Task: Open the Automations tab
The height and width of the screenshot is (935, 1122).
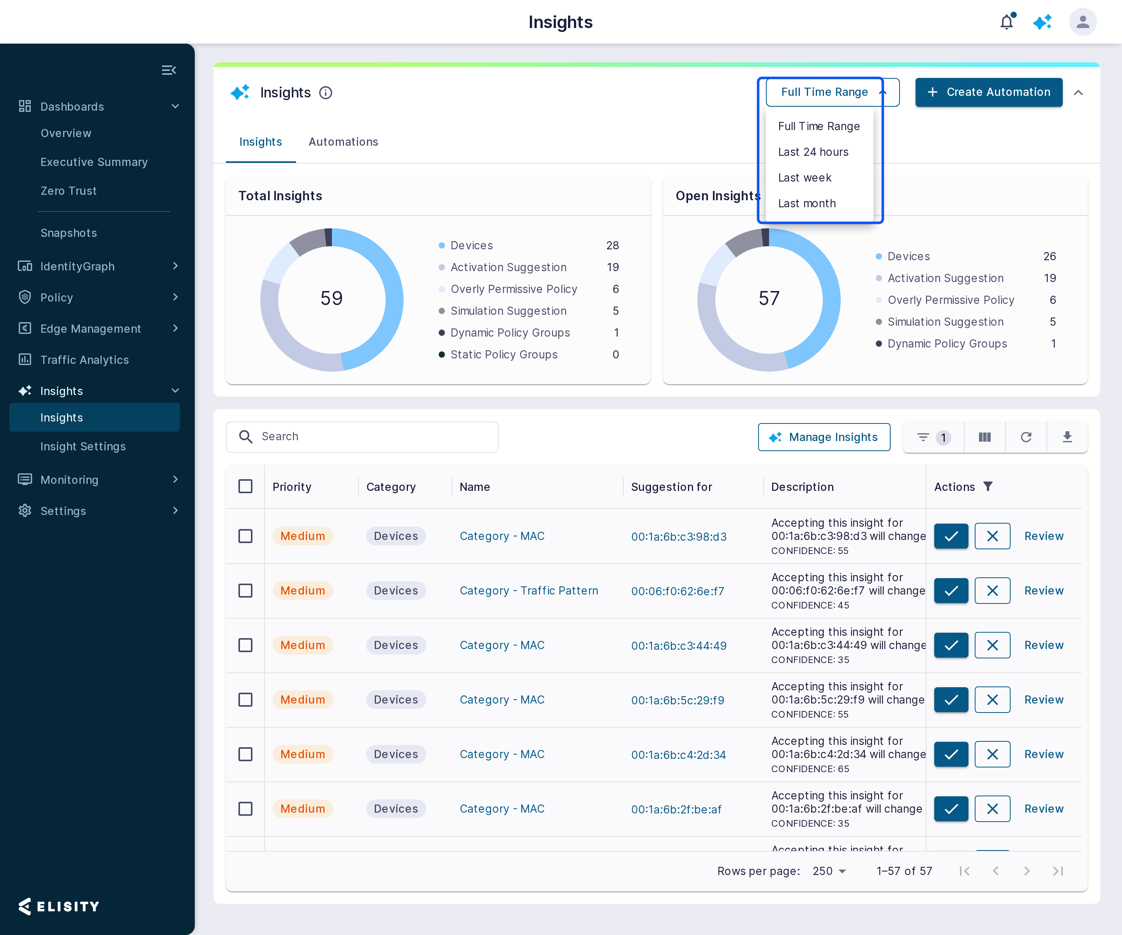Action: click(x=343, y=141)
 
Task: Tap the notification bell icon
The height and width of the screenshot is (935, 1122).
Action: click(x=1007, y=22)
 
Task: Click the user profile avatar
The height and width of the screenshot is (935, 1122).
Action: click(x=1083, y=22)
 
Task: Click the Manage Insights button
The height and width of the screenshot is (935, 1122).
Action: click(x=824, y=437)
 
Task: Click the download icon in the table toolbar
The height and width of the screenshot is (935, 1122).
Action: click(x=1067, y=437)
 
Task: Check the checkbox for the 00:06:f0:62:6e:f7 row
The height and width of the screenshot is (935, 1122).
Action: click(x=245, y=590)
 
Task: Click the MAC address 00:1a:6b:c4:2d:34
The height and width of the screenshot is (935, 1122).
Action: click(x=679, y=754)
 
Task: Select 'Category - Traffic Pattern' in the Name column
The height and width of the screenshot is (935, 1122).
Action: click(x=529, y=590)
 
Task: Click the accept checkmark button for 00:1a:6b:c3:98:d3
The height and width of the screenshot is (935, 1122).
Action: click(x=951, y=536)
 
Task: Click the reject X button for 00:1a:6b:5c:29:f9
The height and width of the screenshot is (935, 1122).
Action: click(x=992, y=699)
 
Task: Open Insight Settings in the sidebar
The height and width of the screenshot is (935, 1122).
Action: click(x=83, y=446)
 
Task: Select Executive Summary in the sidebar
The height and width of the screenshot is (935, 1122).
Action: click(x=94, y=162)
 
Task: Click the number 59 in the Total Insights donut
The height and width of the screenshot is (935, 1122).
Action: click(x=331, y=298)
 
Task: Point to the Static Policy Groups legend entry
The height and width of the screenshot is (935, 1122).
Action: click(x=504, y=354)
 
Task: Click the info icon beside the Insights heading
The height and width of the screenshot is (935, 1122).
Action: click(x=325, y=93)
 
